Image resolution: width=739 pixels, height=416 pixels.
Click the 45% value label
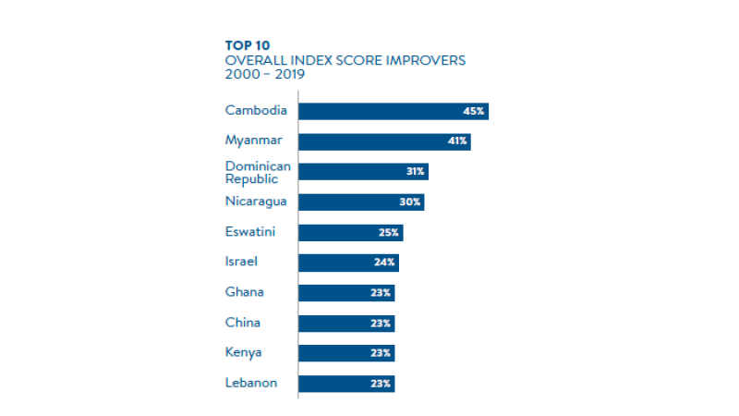click(x=474, y=111)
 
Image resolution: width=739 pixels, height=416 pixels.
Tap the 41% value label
click(x=458, y=141)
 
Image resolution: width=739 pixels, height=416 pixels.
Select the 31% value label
click(x=415, y=172)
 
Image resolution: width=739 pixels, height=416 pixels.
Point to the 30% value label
click(x=411, y=202)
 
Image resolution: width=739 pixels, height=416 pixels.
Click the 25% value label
click(x=389, y=232)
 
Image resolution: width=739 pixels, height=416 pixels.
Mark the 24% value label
click(x=385, y=263)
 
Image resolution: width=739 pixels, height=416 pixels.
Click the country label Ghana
click(x=245, y=292)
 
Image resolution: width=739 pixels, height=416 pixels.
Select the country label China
click(x=243, y=323)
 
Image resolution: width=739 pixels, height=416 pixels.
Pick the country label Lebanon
click(x=250, y=383)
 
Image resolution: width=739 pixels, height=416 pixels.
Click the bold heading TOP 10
click(x=247, y=44)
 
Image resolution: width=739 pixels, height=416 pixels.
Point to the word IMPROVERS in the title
click(x=426, y=60)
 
